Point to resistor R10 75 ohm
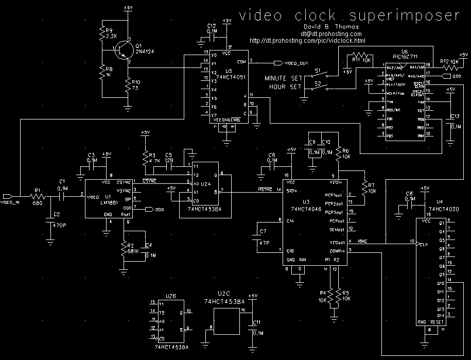[x=127, y=87]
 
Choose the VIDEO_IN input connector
[x=10, y=197]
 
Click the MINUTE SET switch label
[x=283, y=78]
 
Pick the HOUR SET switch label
[x=285, y=87]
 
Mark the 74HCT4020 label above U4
[x=443, y=210]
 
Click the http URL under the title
[x=307, y=40]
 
